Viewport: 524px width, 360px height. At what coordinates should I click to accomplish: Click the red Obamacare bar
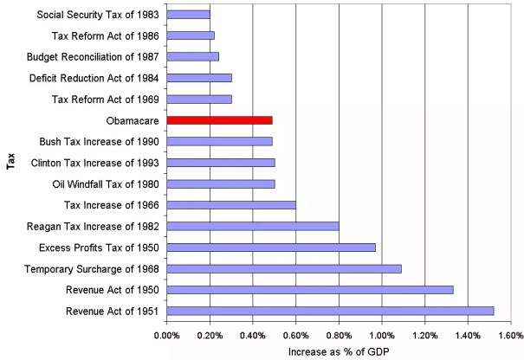(x=219, y=120)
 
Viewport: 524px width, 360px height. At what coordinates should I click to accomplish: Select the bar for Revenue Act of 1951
(x=330, y=310)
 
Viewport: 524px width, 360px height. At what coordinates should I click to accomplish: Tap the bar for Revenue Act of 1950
(x=309, y=289)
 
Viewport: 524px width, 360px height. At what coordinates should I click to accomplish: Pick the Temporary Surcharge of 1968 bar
(x=283, y=268)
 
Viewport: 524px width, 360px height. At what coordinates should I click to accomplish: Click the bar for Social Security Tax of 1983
(x=188, y=15)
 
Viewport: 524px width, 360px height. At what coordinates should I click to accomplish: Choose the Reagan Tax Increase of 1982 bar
(x=252, y=226)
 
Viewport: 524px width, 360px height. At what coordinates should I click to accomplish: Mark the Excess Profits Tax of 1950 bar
(x=270, y=247)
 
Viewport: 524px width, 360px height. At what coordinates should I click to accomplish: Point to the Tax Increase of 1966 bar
(x=230, y=205)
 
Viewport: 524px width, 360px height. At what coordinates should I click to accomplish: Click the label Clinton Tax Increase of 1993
(x=94, y=163)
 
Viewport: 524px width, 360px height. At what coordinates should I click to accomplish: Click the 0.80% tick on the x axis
(x=338, y=333)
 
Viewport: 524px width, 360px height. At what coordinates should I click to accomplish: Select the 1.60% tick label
(x=510, y=333)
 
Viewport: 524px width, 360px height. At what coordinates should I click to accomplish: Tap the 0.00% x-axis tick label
(x=166, y=333)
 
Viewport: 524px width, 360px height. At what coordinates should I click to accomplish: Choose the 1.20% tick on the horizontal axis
(x=424, y=333)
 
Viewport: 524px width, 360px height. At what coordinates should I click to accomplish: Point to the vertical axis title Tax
(x=10, y=163)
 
